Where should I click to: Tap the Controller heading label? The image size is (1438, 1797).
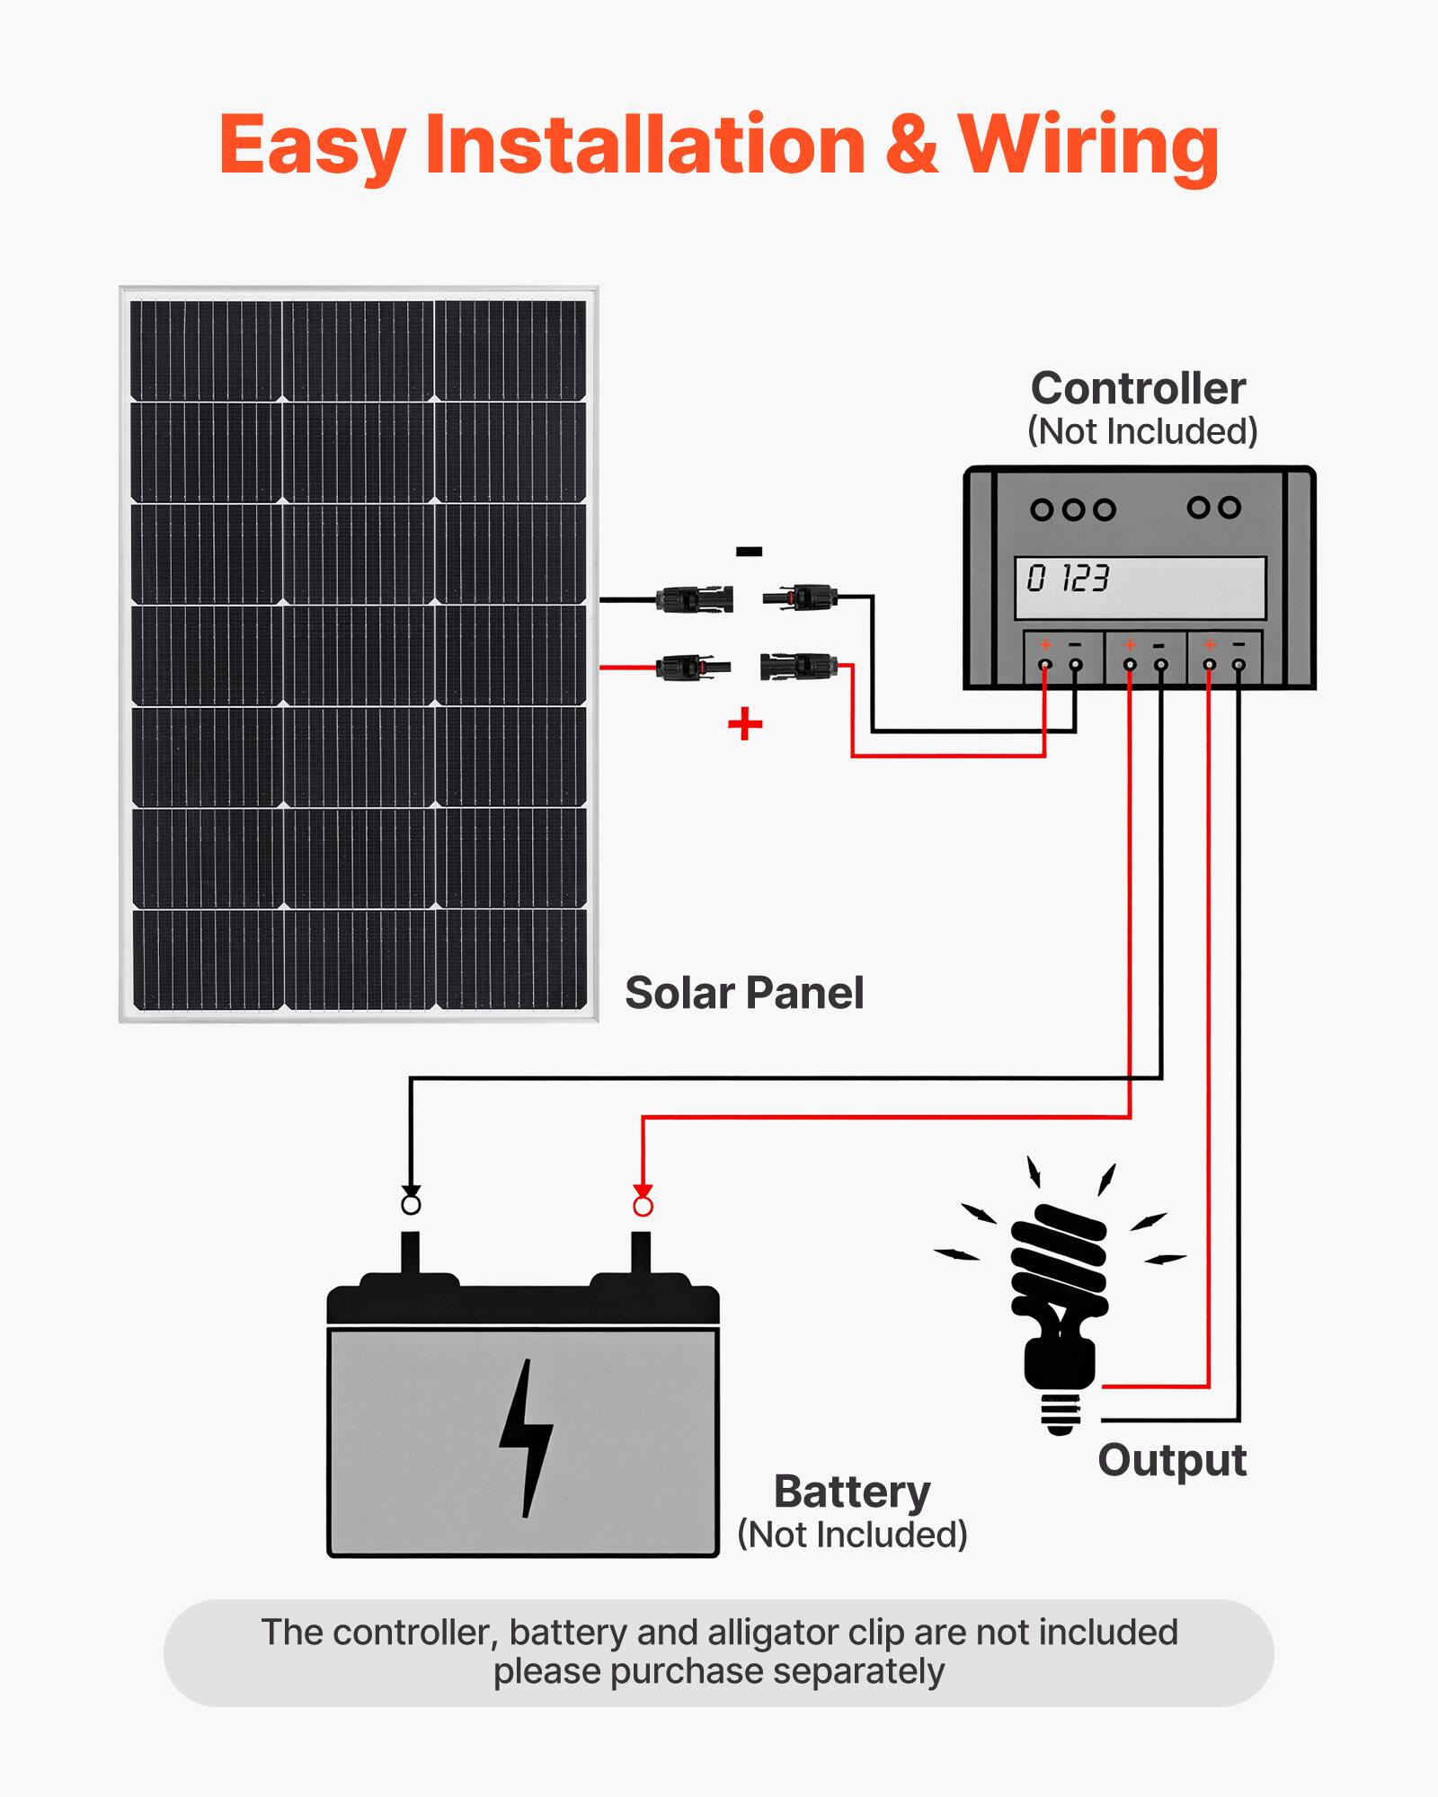tap(1138, 389)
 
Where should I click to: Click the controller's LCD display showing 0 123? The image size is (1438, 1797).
tap(1140, 588)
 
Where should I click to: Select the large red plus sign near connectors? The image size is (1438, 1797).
tap(745, 723)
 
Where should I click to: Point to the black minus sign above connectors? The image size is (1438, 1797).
tap(749, 552)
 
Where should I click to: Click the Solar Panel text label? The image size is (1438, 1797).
tap(744, 993)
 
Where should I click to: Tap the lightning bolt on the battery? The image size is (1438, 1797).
tap(526, 1438)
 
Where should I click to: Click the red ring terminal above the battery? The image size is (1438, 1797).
tap(643, 1206)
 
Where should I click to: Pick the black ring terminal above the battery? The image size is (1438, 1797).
tap(411, 1204)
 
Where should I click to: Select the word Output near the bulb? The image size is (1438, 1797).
tap(1172, 1459)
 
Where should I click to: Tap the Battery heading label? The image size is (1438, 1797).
tap(852, 1492)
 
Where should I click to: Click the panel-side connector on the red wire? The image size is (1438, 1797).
tap(692, 668)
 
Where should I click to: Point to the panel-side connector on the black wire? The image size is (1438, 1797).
tap(694, 599)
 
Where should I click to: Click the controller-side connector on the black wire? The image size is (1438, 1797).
tap(800, 597)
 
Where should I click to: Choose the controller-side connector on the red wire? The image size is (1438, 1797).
tap(798, 667)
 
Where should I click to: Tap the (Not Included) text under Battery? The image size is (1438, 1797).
tap(852, 1535)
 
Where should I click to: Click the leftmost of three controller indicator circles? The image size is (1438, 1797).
tap(1042, 510)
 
